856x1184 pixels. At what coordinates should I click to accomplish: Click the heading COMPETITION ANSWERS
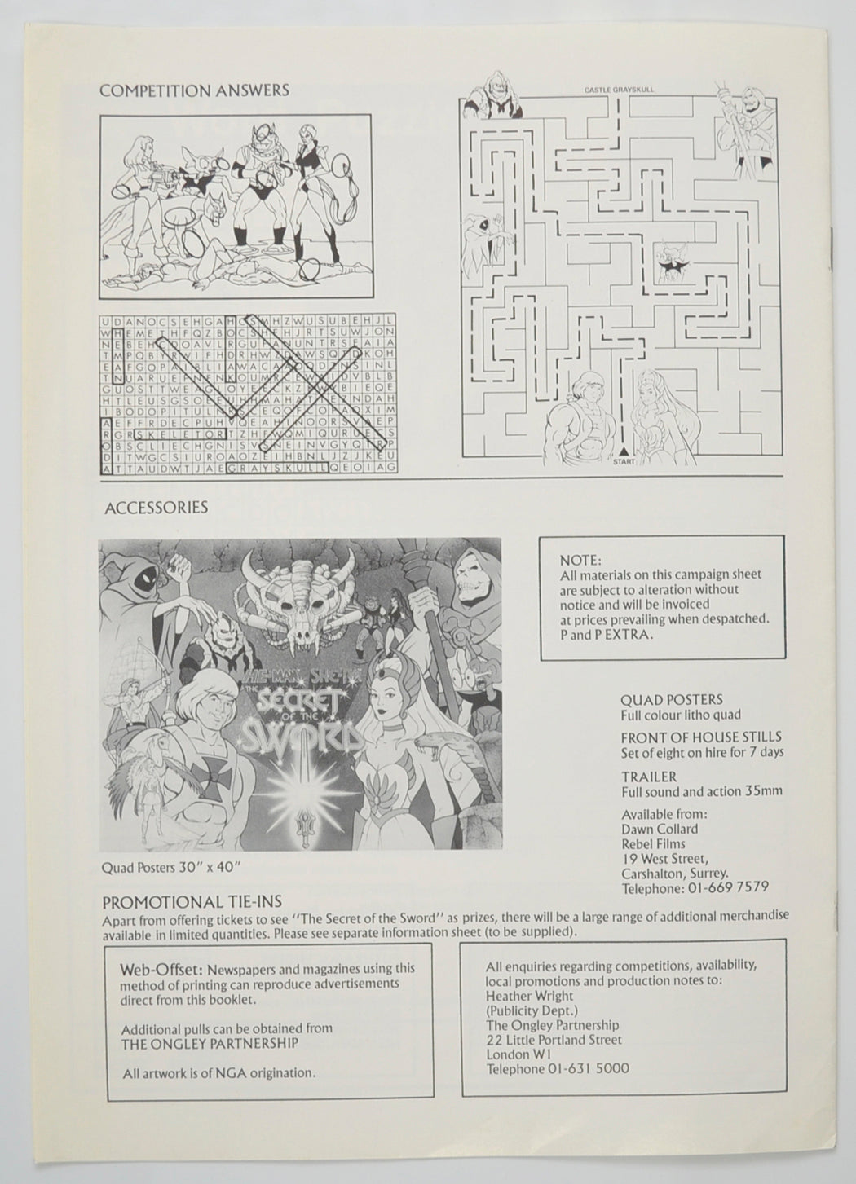point(194,90)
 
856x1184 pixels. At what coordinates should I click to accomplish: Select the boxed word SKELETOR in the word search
point(174,434)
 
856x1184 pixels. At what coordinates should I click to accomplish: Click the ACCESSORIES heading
point(156,508)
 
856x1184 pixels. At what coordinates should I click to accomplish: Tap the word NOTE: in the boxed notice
point(580,561)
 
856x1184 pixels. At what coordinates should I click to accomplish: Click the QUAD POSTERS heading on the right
point(671,699)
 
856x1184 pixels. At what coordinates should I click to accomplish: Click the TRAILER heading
point(648,777)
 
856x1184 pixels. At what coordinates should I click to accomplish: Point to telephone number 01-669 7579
point(727,887)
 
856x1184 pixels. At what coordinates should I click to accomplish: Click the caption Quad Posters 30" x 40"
point(164,867)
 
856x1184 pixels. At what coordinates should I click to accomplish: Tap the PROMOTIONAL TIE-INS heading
point(192,902)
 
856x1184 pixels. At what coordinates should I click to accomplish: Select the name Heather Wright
point(529,996)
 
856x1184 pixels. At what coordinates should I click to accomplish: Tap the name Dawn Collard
point(660,829)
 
